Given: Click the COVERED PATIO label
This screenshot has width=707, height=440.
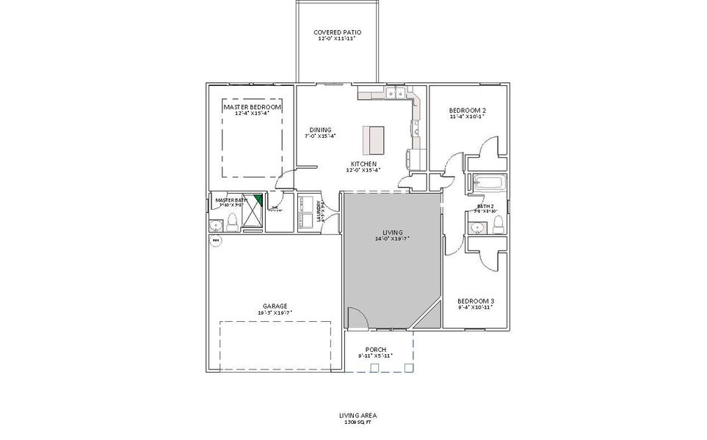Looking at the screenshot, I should coord(337,32).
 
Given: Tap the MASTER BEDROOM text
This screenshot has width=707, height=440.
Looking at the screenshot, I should coord(252,107).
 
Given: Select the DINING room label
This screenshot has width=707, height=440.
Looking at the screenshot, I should coord(320,130).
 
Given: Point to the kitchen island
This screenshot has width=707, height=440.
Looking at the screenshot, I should coord(373,137).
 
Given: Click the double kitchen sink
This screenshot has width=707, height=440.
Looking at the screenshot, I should coord(396,93).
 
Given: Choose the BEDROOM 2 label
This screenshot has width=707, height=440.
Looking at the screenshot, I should coord(467,110).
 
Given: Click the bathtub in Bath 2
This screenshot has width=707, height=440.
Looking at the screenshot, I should coord(487,183).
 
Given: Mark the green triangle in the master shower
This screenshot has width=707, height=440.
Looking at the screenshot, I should coord(258,199).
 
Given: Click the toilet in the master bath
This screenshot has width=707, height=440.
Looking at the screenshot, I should coord(231,223).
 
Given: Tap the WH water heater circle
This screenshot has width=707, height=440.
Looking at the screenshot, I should coord(216,240).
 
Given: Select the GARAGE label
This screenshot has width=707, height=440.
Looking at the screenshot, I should coord(275,307).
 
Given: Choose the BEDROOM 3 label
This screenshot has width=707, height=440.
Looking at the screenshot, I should coord(475,301).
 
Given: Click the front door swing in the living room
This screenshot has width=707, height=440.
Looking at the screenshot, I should coord(355,318).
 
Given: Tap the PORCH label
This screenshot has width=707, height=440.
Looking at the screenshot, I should coord(375,349).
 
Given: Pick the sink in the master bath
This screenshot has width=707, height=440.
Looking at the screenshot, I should coord(217,225).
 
